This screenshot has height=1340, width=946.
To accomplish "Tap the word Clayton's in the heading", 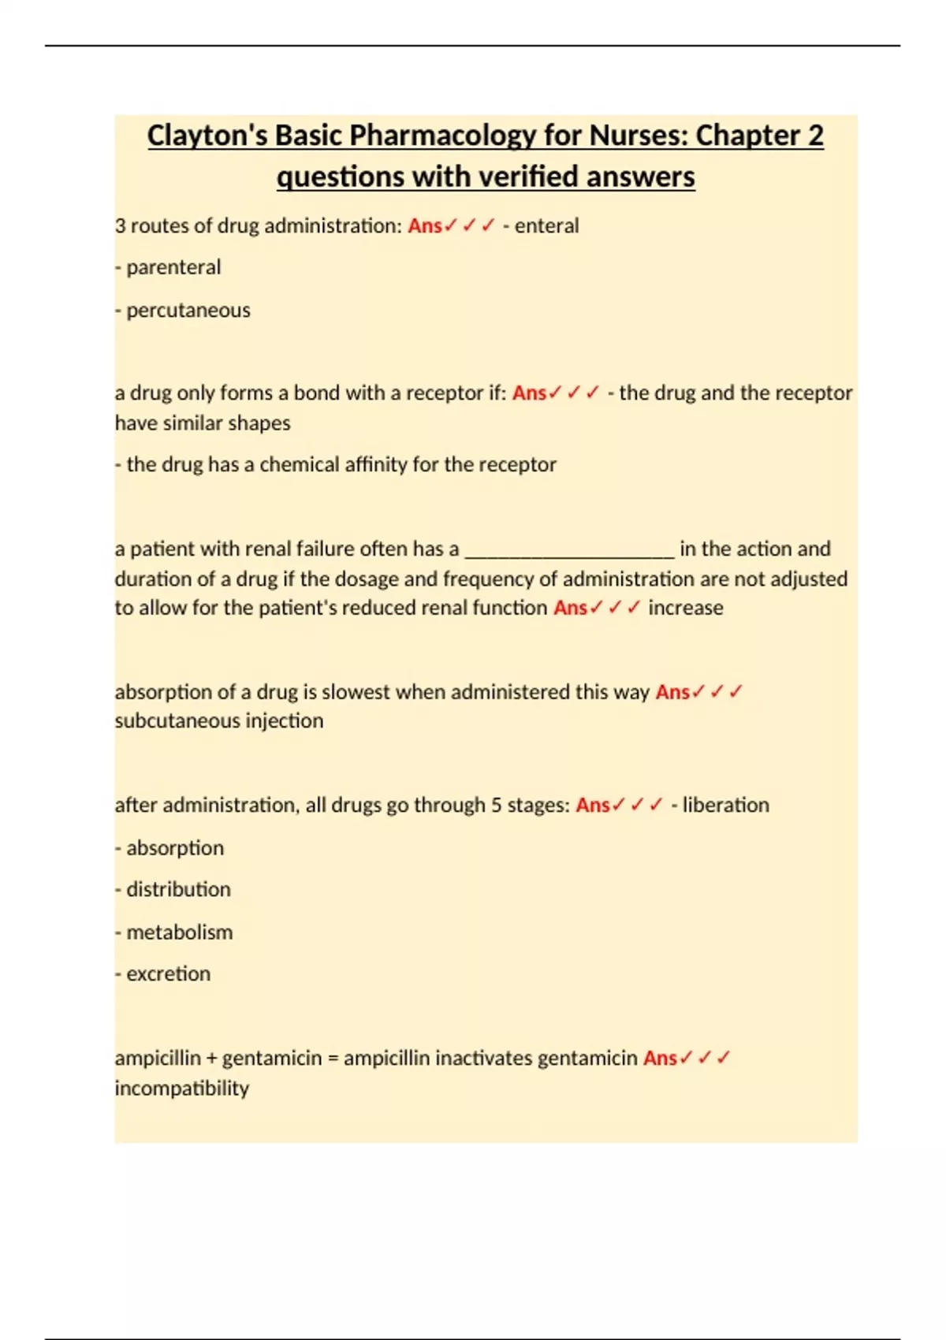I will [x=207, y=136].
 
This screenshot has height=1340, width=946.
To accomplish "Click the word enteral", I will [x=546, y=226].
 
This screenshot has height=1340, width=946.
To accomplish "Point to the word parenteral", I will [x=173, y=267].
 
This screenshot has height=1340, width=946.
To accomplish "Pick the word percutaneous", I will [x=188, y=310].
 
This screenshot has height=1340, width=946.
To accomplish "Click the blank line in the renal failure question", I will [x=569, y=549].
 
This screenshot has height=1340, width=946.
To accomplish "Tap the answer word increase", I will [x=685, y=608].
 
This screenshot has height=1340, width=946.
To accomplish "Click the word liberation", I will [x=725, y=805].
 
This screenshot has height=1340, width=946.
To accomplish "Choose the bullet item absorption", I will [x=175, y=848].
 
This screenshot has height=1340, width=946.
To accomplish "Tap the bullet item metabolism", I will [x=180, y=932].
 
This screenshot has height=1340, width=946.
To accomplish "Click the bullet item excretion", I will [x=169, y=974].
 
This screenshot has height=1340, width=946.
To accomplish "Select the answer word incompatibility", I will [x=182, y=1089].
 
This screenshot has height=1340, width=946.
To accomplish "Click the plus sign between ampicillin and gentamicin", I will [x=211, y=1059].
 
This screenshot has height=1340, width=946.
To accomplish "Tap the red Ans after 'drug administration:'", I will [x=425, y=226].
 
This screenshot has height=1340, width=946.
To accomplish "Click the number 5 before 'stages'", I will [x=496, y=805].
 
